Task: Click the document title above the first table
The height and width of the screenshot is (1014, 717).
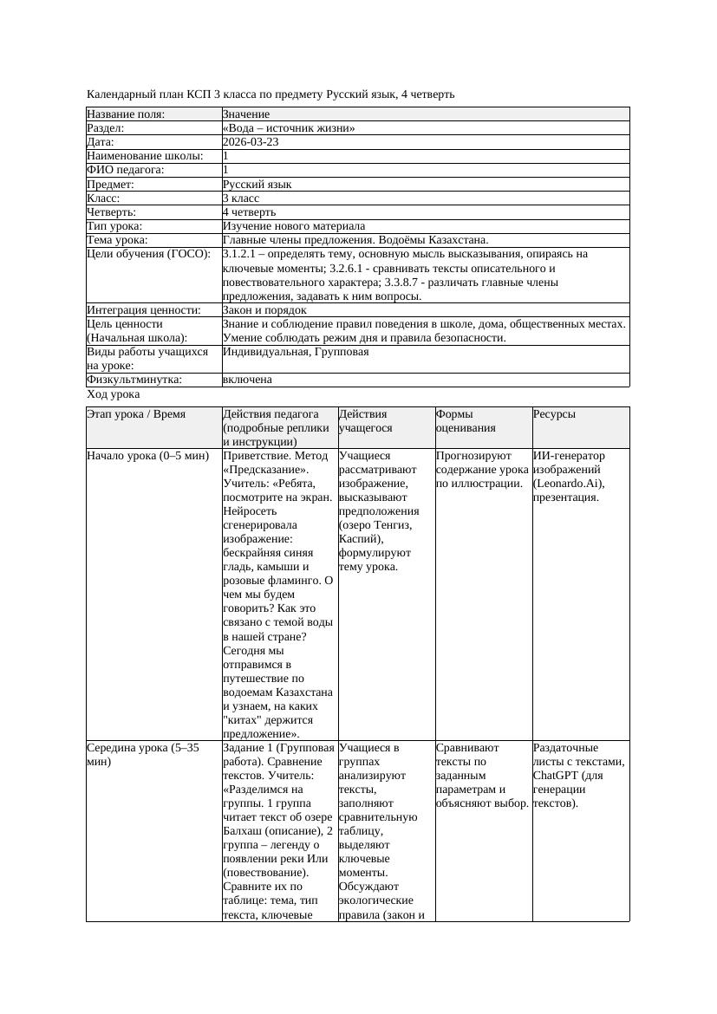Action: (x=271, y=94)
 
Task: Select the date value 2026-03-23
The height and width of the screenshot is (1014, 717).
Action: (x=251, y=142)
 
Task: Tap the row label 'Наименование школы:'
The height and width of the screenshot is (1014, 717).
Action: (x=145, y=156)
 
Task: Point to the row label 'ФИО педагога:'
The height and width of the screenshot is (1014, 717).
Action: (x=126, y=170)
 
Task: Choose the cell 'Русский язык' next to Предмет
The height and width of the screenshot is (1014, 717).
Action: (x=257, y=185)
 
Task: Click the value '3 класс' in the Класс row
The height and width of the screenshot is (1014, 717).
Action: (x=241, y=198)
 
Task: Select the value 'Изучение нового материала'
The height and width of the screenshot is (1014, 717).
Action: (x=293, y=226)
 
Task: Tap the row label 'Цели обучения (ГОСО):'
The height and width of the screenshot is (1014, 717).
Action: (x=148, y=255)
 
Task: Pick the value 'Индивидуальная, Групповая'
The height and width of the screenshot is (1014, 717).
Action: (x=296, y=353)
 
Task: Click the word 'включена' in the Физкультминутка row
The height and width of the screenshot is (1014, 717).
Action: (x=247, y=380)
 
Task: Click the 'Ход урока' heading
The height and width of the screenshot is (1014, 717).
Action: (x=113, y=394)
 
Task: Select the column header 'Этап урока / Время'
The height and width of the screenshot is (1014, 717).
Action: (x=135, y=415)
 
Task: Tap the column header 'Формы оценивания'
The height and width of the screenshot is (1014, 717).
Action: (x=466, y=421)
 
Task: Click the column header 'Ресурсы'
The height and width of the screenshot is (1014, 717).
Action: (x=554, y=415)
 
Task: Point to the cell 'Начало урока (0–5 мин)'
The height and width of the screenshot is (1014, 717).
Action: (x=147, y=456)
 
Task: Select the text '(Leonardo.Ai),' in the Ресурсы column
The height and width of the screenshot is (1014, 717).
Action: (x=569, y=484)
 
